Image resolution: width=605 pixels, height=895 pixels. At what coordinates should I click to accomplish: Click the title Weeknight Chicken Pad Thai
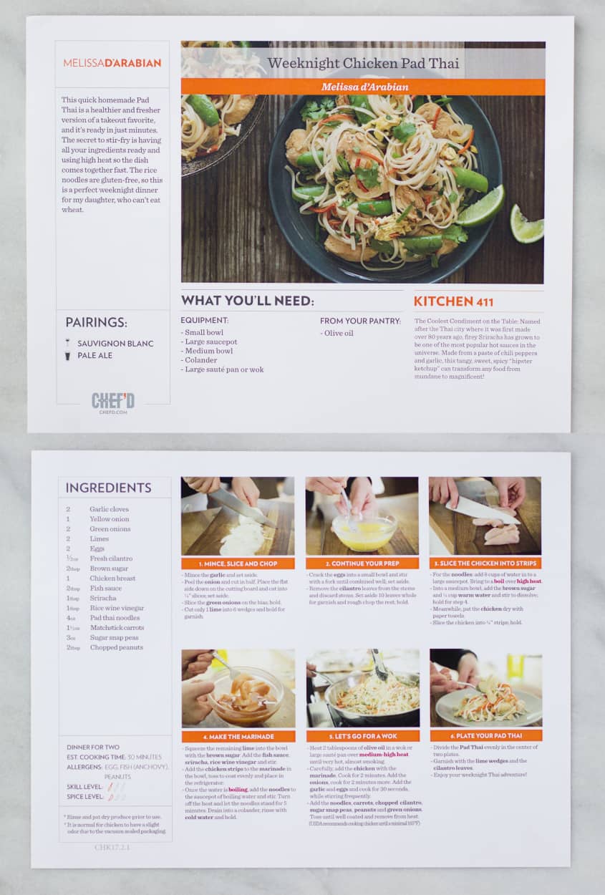pyautogui.click(x=363, y=63)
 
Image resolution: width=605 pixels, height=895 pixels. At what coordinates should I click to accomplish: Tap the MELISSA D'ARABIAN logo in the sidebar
pyautogui.click(x=112, y=63)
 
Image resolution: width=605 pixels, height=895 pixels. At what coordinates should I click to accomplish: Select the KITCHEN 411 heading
pyautogui.click(x=453, y=301)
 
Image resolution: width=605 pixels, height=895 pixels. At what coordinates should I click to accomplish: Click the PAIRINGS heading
pyautogui.click(x=97, y=322)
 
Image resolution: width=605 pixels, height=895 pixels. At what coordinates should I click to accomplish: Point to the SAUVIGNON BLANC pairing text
pyautogui.click(x=115, y=344)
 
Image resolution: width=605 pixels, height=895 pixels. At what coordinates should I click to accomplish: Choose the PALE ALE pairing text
pyautogui.click(x=95, y=355)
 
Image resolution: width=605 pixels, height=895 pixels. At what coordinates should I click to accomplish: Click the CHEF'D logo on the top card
pyautogui.click(x=113, y=402)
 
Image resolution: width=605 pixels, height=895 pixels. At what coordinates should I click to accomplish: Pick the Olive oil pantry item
pyautogui.click(x=339, y=333)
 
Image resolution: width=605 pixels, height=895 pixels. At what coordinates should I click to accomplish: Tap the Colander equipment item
pyautogui.click(x=200, y=360)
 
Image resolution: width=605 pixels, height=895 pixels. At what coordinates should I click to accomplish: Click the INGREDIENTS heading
pyautogui.click(x=108, y=488)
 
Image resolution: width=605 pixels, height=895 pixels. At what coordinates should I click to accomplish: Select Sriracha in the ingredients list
pyautogui.click(x=102, y=598)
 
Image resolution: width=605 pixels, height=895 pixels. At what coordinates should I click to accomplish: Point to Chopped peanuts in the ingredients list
pyautogui.click(x=116, y=647)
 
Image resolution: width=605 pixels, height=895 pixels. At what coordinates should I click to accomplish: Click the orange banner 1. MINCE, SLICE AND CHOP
pyautogui.click(x=238, y=563)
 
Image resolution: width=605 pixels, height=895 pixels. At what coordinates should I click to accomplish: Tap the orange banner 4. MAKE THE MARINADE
pyautogui.click(x=238, y=736)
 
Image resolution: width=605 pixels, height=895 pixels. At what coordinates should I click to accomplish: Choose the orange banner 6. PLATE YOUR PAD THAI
pyautogui.click(x=486, y=735)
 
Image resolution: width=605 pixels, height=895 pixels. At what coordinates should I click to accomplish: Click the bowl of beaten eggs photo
pyautogui.click(x=362, y=516)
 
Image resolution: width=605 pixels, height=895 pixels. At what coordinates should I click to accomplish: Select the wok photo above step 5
pyautogui.click(x=362, y=687)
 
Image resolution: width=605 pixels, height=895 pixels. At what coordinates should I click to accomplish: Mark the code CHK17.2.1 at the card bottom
pyautogui.click(x=112, y=847)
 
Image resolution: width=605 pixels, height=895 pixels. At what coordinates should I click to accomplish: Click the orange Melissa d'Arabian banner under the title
pyautogui.click(x=363, y=87)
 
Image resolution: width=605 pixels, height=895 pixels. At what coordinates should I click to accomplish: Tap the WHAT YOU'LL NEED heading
pyautogui.click(x=247, y=301)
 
